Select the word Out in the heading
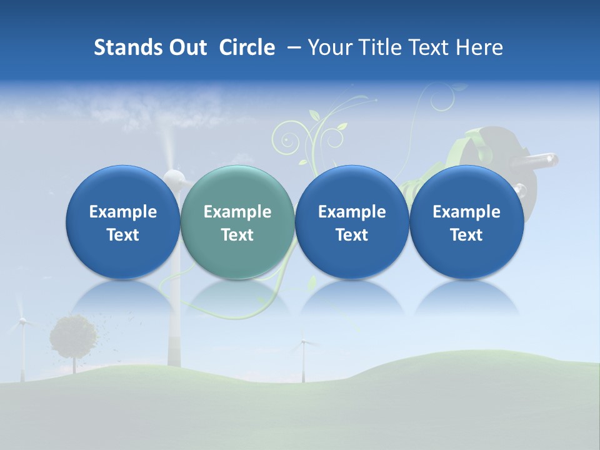(x=186, y=47)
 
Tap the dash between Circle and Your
(x=291, y=48)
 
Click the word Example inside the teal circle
(x=237, y=212)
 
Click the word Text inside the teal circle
(x=237, y=235)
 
